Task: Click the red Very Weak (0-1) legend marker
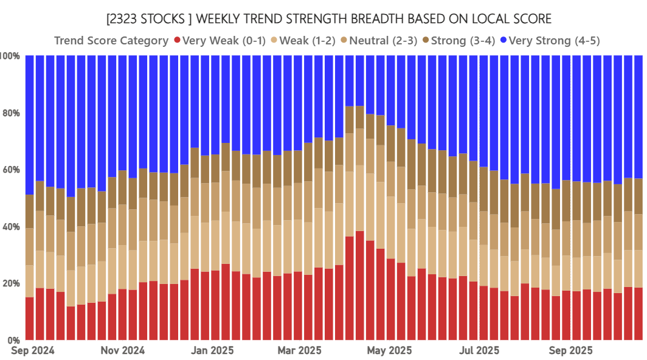pyautogui.click(x=176, y=41)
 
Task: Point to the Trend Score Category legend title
pyautogui.click(x=111, y=41)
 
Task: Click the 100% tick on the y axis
pyautogui.click(x=11, y=56)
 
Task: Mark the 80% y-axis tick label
pyautogui.click(x=12, y=113)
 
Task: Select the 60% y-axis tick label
pyautogui.click(x=12, y=170)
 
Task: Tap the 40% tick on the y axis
pyautogui.click(x=12, y=227)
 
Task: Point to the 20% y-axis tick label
pyautogui.click(x=12, y=283)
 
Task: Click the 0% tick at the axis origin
pyautogui.click(x=14, y=340)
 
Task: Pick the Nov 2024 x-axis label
pyautogui.click(x=122, y=351)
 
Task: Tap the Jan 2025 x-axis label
pyautogui.click(x=211, y=351)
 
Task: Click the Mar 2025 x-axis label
pyautogui.click(x=299, y=351)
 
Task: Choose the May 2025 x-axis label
pyautogui.click(x=390, y=351)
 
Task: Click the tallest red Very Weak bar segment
pyautogui.click(x=360, y=286)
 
